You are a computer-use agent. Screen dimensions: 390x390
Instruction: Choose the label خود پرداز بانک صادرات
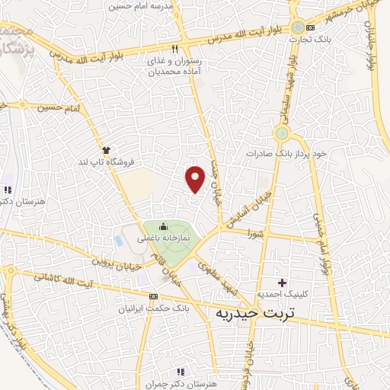(286, 153)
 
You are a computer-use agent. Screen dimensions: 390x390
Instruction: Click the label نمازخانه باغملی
(162, 238)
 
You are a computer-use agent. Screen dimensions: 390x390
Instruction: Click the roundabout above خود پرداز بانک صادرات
(283, 134)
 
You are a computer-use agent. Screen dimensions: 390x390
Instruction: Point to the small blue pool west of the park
(118, 238)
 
